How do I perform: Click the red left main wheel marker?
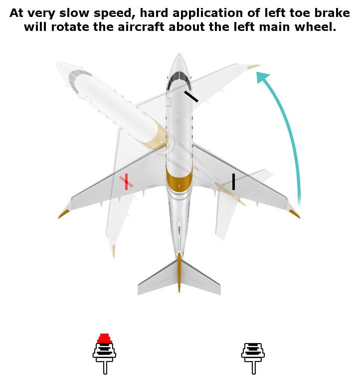tap(126, 182)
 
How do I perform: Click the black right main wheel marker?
tap(233, 182)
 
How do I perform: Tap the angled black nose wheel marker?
tap(191, 96)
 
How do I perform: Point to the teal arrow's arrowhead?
tap(262, 78)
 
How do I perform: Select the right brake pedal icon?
tap(253, 357)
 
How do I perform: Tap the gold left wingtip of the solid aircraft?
tap(63, 214)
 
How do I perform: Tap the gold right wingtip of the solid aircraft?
tap(295, 214)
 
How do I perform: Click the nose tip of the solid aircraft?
tap(179, 56)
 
